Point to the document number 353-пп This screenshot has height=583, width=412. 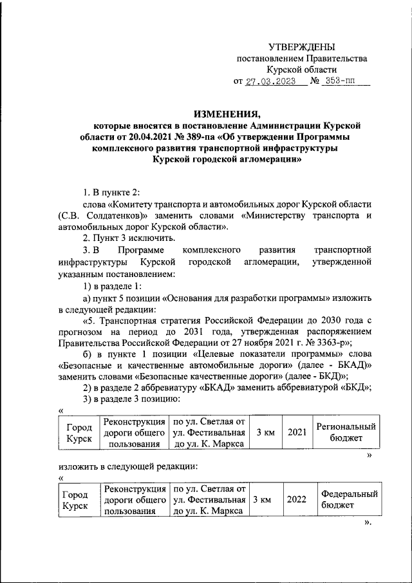pyautogui.click(x=340, y=82)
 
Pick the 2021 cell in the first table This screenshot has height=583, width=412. pyautogui.click(x=297, y=432)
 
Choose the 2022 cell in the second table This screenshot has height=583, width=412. pyautogui.click(x=296, y=499)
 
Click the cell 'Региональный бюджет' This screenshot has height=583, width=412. pyautogui.click(x=345, y=432)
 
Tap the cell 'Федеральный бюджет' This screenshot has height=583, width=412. pyautogui.click(x=348, y=499)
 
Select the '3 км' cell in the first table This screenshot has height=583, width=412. pyautogui.click(x=265, y=432)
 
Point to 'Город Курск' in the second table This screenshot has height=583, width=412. pyautogui.click(x=76, y=499)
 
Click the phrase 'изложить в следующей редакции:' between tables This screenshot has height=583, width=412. pyautogui.click(x=127, y=466)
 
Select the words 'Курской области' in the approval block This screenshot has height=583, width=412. pyautogui.click(x=302, y=70)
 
